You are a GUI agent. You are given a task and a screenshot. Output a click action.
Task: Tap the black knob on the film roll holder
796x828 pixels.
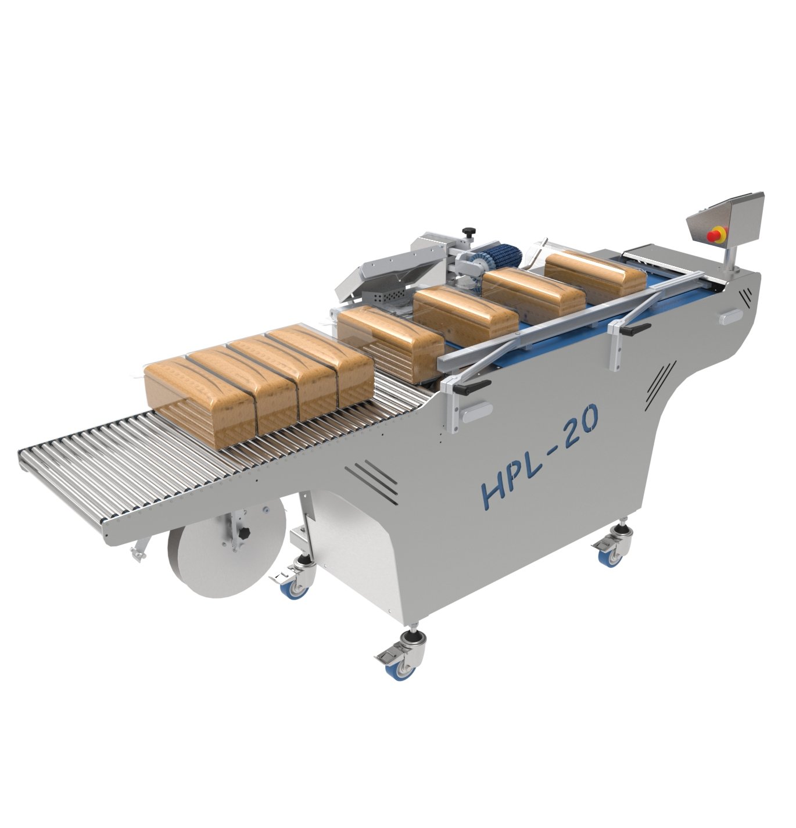tap(245, 534)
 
